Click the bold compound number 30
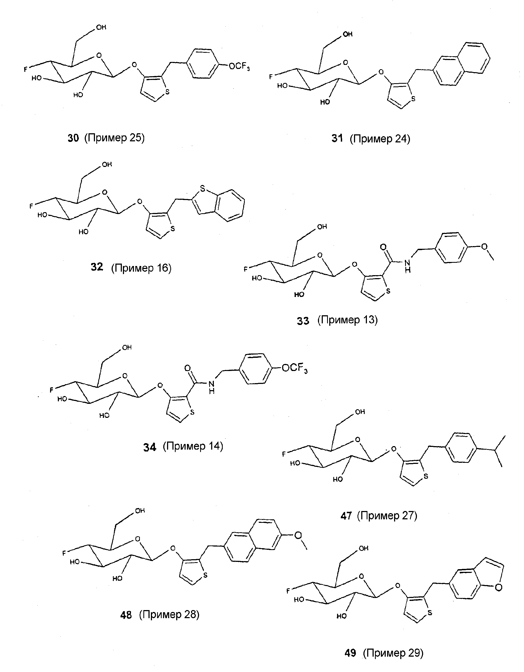(73, 138)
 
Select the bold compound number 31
(337, 138)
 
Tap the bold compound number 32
(97, 267)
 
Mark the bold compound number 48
(126, 615)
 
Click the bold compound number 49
(350, 653)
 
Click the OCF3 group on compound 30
(239, 66)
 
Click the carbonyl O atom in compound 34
(187, 368)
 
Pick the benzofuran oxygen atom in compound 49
(498, 588)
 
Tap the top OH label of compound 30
(101, 27)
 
